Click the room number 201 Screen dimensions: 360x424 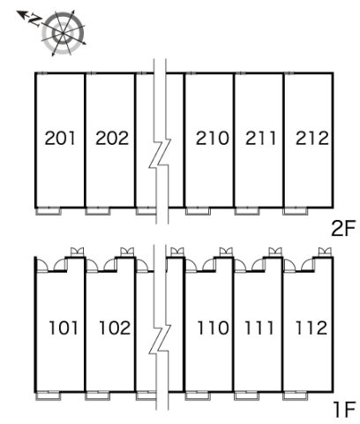coord(60,138)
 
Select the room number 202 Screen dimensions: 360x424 coord(112,138)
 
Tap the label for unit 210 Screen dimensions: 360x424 coord(213,138)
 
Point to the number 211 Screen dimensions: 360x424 coord(261,138)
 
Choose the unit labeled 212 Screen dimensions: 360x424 coord(312,138)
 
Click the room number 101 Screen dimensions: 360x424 coord(64,328)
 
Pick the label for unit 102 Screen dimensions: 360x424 coord(115,328)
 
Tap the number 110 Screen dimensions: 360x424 coord(213,328)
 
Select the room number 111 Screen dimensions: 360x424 coord(259,328)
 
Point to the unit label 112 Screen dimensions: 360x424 coord(311,328)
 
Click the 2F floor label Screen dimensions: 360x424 coord(343,229)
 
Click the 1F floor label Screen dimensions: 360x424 coord(345,409)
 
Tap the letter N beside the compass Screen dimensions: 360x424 coord(34,20)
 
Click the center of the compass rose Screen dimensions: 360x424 coord(63,33)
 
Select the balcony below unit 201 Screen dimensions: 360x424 coord(48,211)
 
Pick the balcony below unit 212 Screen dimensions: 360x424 coord(295,211)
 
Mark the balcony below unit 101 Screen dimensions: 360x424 coord(48,396)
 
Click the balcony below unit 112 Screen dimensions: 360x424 coord(295,396)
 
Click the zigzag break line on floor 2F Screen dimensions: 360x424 coord(160,153)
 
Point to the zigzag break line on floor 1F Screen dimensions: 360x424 coord(160,338)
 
